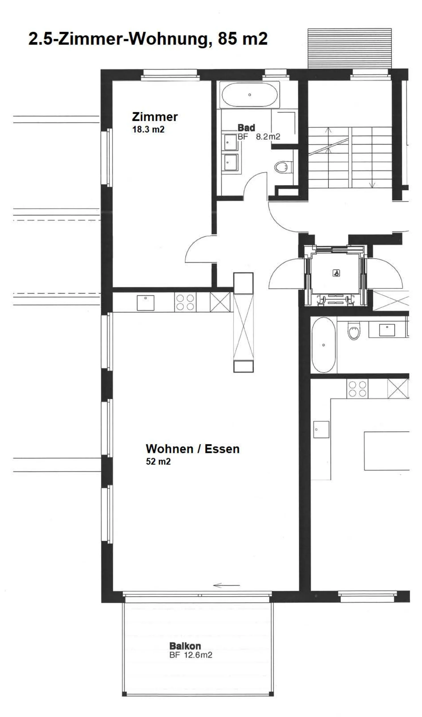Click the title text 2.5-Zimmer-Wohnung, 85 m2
coord(148,38)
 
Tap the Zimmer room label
coord(155,117)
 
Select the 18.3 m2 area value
coord(148,129)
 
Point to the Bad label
coord(246,127)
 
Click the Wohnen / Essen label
coord(193,449)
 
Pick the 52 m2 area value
coord(158,461)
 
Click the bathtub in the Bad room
coord(249,95)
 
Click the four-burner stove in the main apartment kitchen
coord(185,302)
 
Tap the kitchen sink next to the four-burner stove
coord(145,303)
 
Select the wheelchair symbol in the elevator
coord(336,274)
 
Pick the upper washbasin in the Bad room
coord(230,142)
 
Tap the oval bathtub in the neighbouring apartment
coord(324,345)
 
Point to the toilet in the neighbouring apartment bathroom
coord(354,331)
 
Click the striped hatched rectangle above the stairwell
coord(350,48)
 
